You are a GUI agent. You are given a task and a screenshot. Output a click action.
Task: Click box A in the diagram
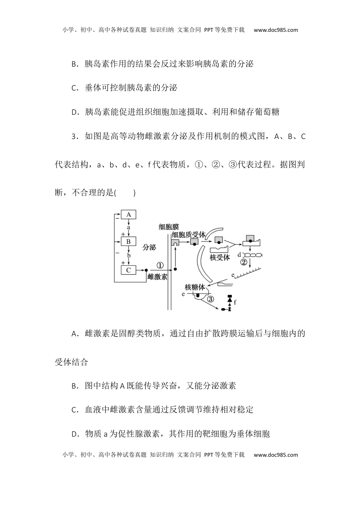coord(128,215)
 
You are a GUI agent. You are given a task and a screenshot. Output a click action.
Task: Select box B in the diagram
coord(128,241)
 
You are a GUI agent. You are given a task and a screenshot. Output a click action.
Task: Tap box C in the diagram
coord(128,270)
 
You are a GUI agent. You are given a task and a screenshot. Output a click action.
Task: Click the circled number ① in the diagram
coord(160,265)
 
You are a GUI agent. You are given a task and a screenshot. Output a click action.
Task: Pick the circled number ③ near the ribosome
coord(211,299)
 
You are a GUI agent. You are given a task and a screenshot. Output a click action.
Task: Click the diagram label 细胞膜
coord(169,227)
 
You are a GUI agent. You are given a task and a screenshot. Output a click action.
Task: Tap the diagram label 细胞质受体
coord(188,235)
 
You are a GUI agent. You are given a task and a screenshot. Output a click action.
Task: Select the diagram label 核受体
coord(219,258)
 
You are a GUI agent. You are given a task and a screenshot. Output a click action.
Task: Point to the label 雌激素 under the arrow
coord(157,277)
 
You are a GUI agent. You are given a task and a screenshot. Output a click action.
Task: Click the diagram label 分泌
coord(149,247)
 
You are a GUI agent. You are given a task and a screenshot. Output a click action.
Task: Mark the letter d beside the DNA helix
coord(239,255)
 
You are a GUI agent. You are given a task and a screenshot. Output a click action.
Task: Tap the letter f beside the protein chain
coord(235,302)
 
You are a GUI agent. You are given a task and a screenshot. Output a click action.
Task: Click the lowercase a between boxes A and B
coord(128,228)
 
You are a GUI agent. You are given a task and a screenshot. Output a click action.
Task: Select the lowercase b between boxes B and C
coord(128,256)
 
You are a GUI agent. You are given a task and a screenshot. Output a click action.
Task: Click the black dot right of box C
coord(146,270)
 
